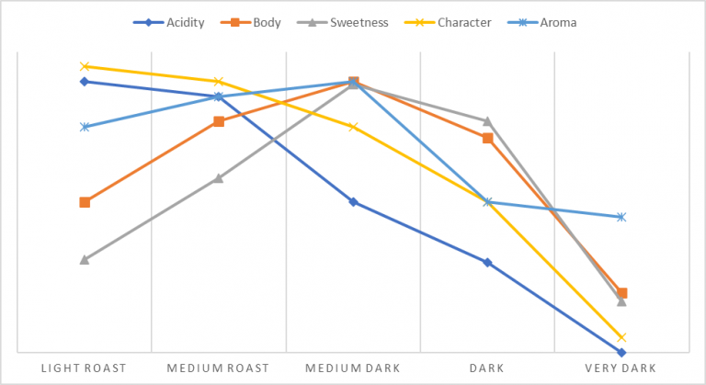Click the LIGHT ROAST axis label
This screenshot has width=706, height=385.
click(x=84, y=368)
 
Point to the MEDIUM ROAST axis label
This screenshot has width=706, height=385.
click(x=218, y=368)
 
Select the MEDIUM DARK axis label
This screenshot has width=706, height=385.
click(x=353, y=368)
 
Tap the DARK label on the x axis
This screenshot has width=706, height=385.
click(x=487, y=368)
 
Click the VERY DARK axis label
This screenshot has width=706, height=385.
click(x=621, y=368)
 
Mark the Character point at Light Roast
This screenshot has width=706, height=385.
click(x=85, y=66)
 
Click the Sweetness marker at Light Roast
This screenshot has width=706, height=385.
click(x=85, y=260)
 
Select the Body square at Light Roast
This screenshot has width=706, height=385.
click(x=85, y=202)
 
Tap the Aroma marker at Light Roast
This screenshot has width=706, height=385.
click(x=85, y=127)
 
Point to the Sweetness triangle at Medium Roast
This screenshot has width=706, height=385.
click(x=219, y=178)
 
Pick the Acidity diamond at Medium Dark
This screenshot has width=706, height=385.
click(x=353, y=202)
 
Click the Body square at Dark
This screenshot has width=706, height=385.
click(x=488, y=138)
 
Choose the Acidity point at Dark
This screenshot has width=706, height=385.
click(x=488, y=263)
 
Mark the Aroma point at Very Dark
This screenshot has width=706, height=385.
click(x=622, y=217)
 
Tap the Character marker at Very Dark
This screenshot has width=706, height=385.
click(x=622, y=337)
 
